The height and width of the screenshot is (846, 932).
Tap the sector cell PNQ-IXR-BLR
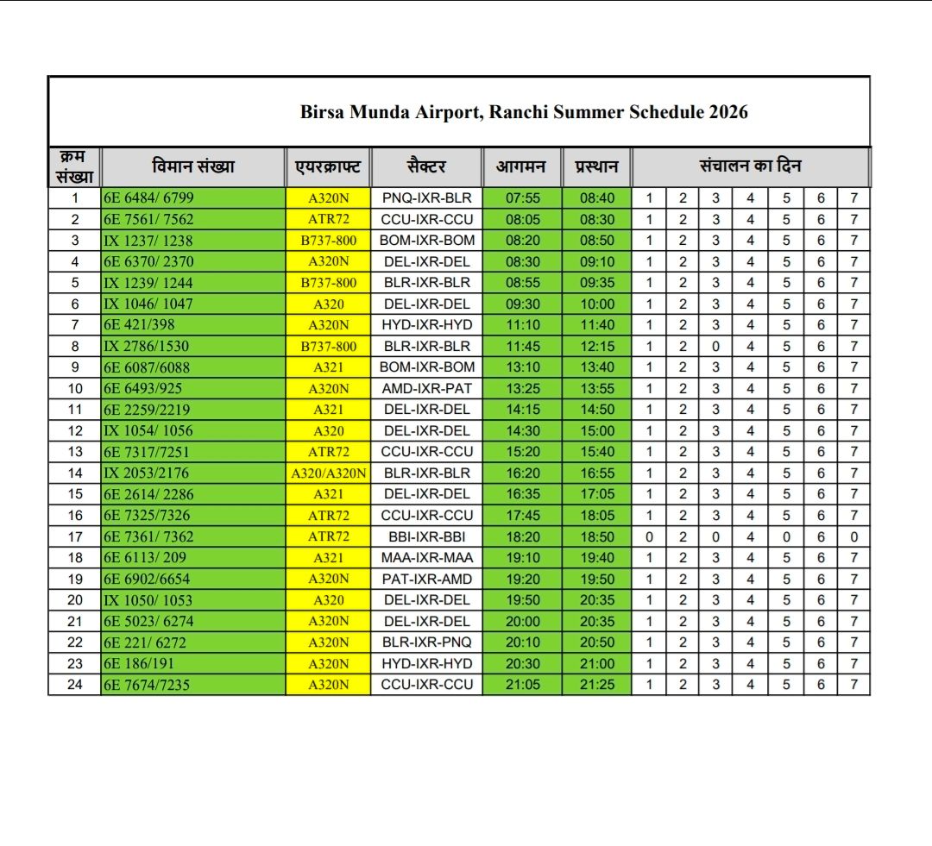pyautogui.click(x=426, y=198)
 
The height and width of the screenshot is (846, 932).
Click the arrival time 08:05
pyautogui.click(x=522, y=219)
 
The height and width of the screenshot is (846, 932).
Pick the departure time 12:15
pyautogui.click(x=597, y=346)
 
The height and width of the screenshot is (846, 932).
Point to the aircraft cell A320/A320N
pyautogui.click(x=328, y=473)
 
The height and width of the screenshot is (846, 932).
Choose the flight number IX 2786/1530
pyautogui.click(x=147, y=346)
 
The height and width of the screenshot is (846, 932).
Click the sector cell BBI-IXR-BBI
pyautogui.click(x=426, y=536)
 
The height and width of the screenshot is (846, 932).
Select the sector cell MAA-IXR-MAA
pyautogui.click(x=426, y=557)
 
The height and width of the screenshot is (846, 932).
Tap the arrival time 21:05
pyautogui.click(x=522, y=684)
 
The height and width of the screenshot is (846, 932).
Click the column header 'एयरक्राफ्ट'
pyautogui.click(x=328, y=166)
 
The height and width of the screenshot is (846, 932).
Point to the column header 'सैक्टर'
pyautogui.click(x=426, y=166)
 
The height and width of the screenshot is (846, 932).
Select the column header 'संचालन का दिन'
pyautogui.click(x=750, y=166)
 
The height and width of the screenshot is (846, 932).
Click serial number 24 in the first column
pyautogui.click(x=75, y=684)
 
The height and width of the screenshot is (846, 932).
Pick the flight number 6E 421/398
pyautogui.click(x=137, y=325)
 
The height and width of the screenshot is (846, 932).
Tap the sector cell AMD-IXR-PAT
pyautogui.click(x=426, y=388)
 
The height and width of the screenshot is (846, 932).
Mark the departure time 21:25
pyautogui.click(x=597, y=684)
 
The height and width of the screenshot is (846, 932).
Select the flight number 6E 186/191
pyautogui.click(x=137, y=663)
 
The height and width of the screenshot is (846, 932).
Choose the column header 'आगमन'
pyautogui.click(x=521, y=166)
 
